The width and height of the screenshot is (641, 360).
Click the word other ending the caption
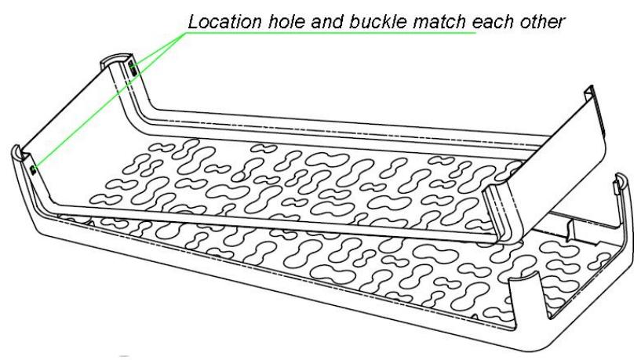point(540,21)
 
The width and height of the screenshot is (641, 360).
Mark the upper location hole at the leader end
point(134,70)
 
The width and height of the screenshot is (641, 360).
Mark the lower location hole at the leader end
point(32,167)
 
